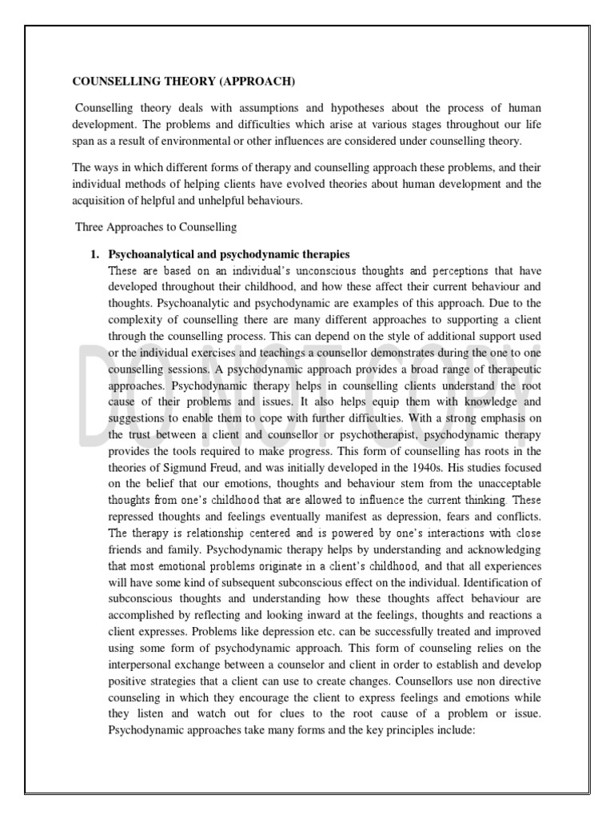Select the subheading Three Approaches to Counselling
coord(156,227)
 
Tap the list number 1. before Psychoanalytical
coord(95,254)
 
